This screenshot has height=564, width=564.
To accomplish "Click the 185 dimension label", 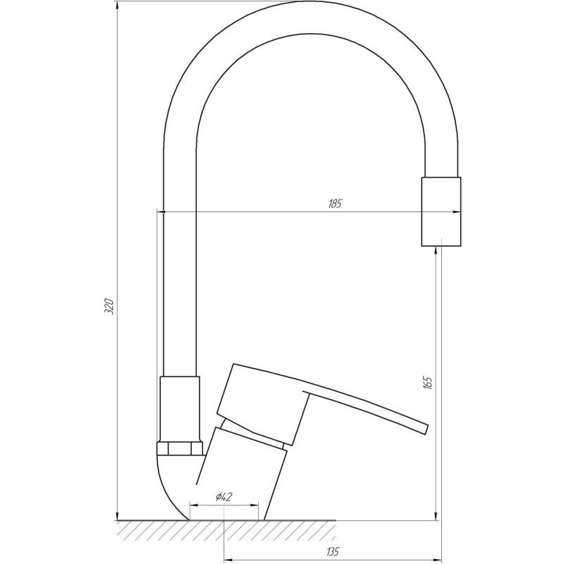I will pos(335,204).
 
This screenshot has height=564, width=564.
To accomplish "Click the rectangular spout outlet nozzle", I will pos(441,211).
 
